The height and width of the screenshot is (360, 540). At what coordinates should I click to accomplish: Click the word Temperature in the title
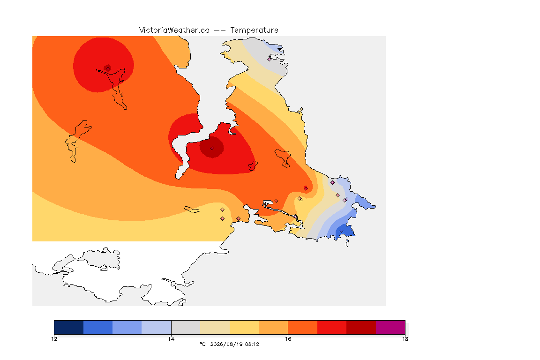[x=254, y=30]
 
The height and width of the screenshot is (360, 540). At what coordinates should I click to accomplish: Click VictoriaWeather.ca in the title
[x=174, y=30]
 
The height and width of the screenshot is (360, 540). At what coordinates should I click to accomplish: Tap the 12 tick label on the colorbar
[x=54, y=339]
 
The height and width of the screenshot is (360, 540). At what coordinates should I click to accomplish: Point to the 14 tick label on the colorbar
[x=171, y=339]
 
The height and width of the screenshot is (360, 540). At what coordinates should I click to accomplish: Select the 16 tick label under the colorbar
[x=288, y=339]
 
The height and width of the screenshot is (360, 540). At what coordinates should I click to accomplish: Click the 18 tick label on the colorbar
[x=405, y=339]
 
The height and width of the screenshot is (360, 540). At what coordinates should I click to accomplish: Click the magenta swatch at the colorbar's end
[x=390, y=327]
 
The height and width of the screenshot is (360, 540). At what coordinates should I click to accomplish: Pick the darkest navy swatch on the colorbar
[x=69, y=327]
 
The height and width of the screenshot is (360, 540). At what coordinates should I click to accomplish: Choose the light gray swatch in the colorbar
[x=186, y=327]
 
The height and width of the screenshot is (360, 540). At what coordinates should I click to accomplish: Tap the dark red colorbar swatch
[x=361, y=327]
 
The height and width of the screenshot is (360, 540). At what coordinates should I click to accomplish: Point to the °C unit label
[x=202, y=344]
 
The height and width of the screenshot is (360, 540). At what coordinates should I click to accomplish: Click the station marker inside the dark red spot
[x=212, y=149]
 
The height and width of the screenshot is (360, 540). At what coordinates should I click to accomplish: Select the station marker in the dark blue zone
[x=341, y=231]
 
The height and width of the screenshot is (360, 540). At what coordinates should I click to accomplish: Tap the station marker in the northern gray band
[x=270, y=59]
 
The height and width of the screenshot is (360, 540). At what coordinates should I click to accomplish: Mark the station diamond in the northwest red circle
[x=108, y=68]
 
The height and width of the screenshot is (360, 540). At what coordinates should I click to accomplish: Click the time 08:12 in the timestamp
[x=252, y=344]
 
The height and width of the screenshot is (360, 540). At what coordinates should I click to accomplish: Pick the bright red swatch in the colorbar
[x=332, y=327]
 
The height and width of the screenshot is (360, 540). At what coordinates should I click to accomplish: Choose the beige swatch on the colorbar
[x=215, y=327]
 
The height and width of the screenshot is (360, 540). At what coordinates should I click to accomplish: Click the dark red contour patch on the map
[x=212, y=147]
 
